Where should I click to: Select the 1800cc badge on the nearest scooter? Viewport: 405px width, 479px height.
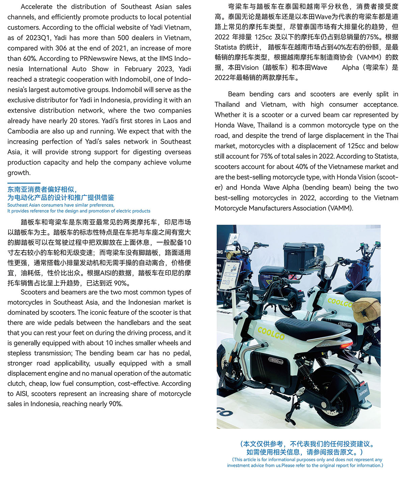[x=276, y=360]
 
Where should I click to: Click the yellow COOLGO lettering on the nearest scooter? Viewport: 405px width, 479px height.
[x=271, y=333]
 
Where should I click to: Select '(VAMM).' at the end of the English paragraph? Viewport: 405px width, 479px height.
[x=340, y=208]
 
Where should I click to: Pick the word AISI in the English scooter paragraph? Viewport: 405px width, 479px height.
[x=22, y=394]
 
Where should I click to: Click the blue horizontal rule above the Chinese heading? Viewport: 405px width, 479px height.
[x=24, y=183]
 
